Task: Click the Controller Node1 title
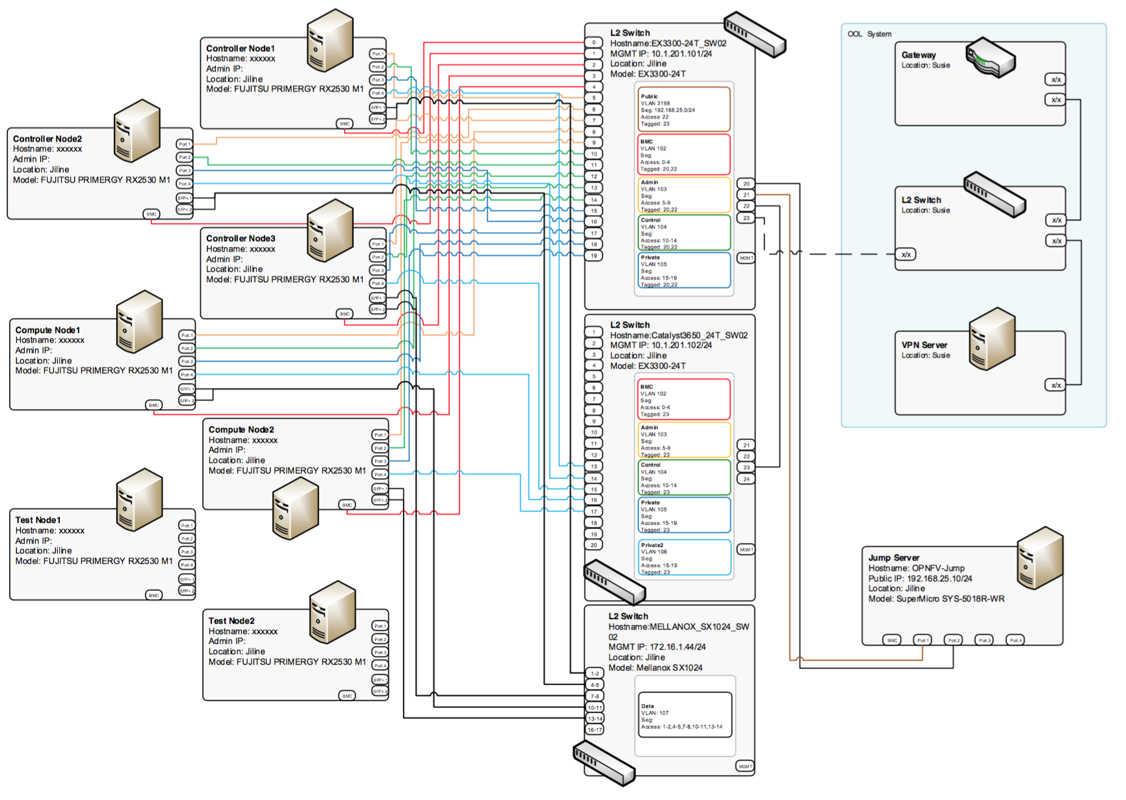pos(240,48)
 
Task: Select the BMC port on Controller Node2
pos(151,214)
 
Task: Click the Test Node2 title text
pos(231,620)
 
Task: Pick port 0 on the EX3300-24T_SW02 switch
pos(594,43)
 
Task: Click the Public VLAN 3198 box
pos(683,109)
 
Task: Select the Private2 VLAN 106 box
pos(685,558)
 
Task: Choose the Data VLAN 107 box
pos(685,715)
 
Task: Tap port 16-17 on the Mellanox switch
pos(595,730)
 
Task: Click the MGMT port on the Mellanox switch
pos(745,766)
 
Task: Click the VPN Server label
pos(924,345)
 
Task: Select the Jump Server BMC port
pos(892,641)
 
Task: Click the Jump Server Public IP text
pos(920,578)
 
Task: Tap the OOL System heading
pos(869,34)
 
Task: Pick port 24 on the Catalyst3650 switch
pos(746,479)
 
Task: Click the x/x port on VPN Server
pos(1056,385)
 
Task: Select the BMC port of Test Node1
pos(153,595)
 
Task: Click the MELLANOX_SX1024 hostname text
pos(678,632)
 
